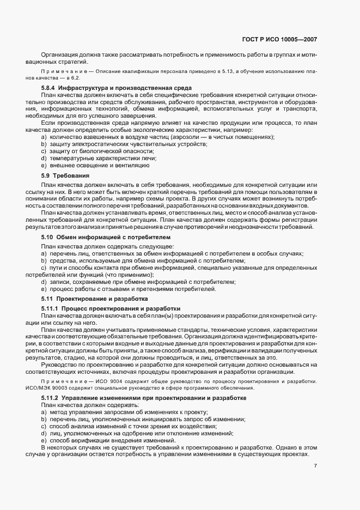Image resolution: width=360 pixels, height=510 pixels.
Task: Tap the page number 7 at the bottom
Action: (316, 466)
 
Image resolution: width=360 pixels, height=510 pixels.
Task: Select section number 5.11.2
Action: (51, 399)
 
